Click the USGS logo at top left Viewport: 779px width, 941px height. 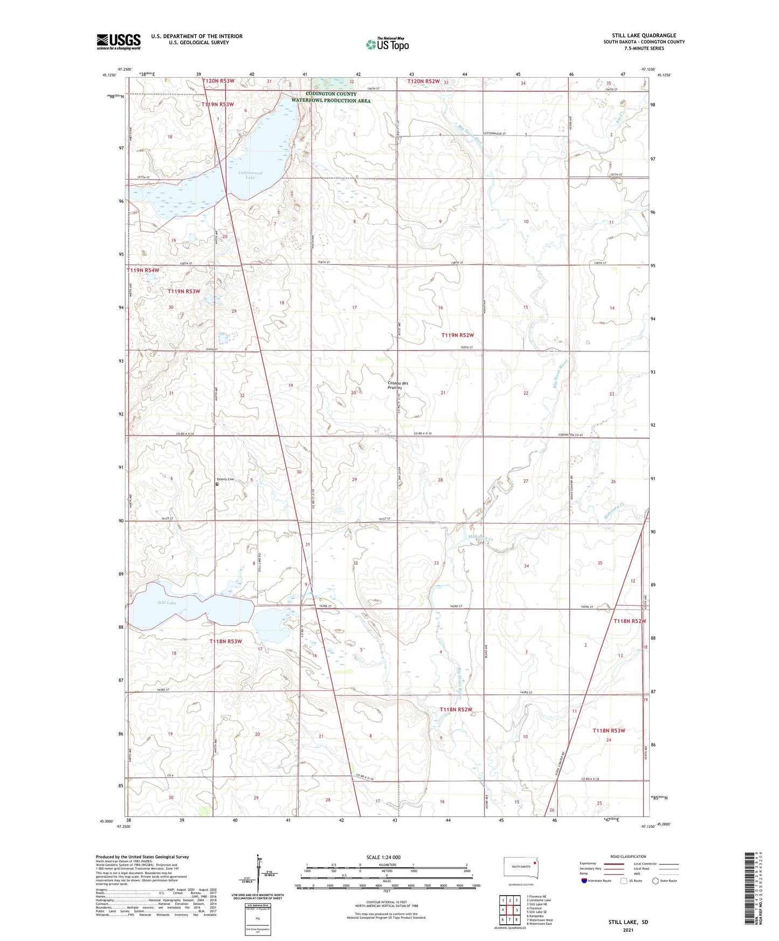(119, 41)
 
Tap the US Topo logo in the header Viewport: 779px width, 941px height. (387, 44)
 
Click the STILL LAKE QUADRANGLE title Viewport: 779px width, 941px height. (640, 36)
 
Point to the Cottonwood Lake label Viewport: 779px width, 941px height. (251, 175)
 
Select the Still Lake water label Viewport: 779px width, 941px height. (167, 603)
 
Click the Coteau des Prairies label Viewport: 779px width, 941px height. (398, 385)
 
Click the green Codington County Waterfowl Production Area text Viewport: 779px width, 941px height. (331, 97)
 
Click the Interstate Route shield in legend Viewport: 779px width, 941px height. (584, 881)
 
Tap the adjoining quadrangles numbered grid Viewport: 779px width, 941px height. (510, 910)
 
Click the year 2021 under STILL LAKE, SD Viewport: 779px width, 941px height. (628, 930)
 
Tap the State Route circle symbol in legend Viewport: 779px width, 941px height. (656, 881)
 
